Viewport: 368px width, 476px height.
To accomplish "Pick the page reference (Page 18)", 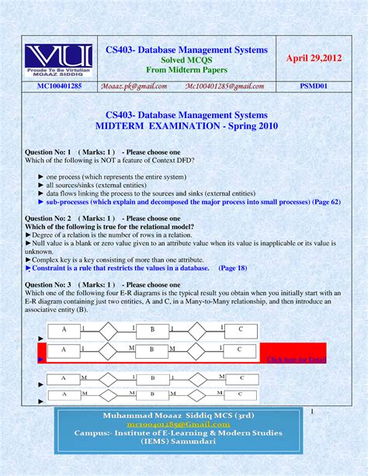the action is point(233,267).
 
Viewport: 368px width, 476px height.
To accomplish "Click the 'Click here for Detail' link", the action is point(297,360).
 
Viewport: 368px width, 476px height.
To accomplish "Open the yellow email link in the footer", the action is point(184,438).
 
